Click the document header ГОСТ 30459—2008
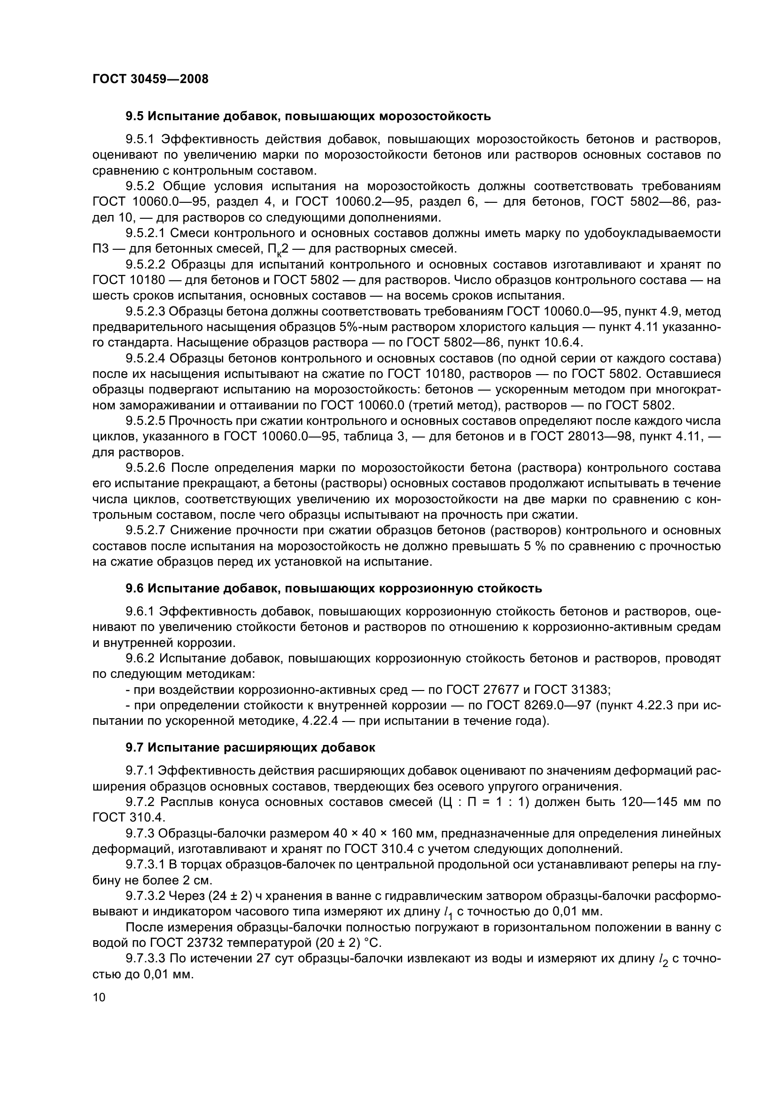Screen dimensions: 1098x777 pos(150,79)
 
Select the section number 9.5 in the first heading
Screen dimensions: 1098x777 pos(134,116)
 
